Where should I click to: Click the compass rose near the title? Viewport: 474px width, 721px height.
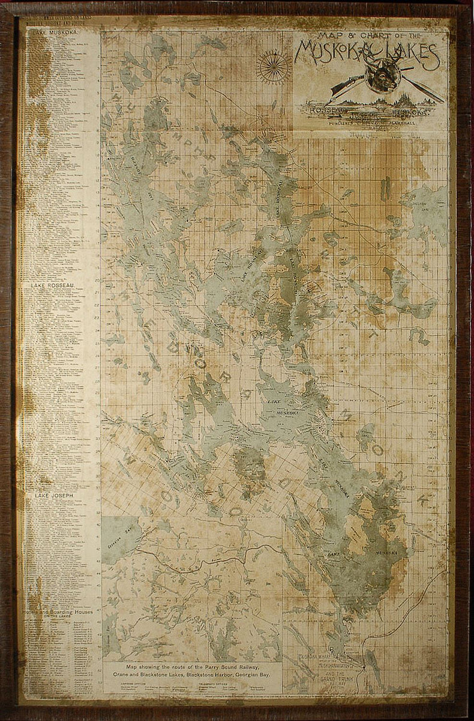click(274, 66)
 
